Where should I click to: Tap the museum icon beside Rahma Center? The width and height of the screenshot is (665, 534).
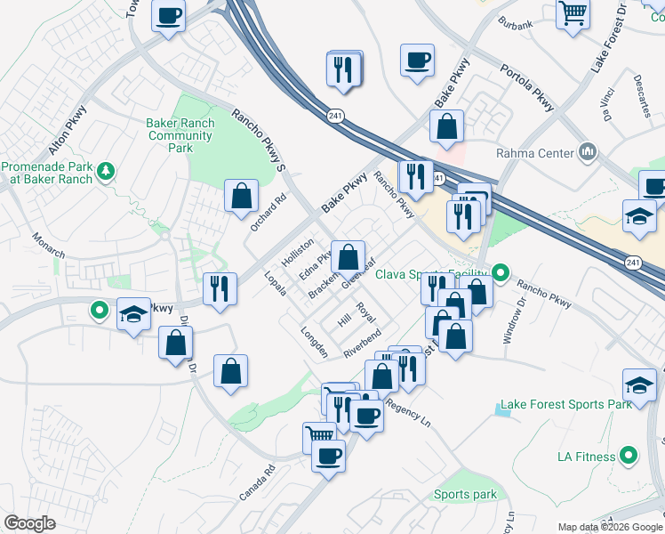(x=586, y=152)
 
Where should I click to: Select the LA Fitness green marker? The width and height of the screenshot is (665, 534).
(x=629, y=457)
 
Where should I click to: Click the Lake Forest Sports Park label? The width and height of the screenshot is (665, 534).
(x=565, y=404)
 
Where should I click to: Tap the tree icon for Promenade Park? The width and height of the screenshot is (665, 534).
(x=106, y=169)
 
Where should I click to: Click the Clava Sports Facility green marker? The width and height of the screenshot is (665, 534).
(x=500, y=272)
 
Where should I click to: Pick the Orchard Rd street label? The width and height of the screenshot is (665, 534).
(x=267, y=214)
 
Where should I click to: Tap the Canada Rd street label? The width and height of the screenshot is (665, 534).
(x=258, y=481)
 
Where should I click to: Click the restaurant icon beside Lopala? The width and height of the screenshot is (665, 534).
(x=220, y=288)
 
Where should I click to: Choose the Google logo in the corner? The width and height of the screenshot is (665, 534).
(x=29, y=523)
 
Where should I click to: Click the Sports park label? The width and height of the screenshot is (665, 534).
(x=465, y=495)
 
